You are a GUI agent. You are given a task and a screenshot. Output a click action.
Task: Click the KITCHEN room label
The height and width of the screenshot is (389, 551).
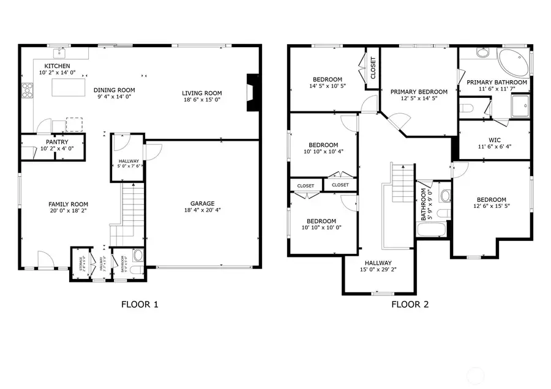point(56,66)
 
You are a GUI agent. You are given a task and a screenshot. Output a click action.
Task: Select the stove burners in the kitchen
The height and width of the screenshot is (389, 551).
point(28,90)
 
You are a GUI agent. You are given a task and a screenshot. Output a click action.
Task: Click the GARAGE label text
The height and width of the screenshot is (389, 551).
point(201,204)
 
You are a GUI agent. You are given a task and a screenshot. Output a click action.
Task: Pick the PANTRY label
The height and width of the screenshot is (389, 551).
point(56,142)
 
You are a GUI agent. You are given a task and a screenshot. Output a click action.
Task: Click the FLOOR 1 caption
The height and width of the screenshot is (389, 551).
point(140,304)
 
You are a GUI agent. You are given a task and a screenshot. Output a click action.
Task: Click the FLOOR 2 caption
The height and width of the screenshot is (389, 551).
point(410,304)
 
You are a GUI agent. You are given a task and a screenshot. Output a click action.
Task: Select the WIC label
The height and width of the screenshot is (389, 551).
point(495,140)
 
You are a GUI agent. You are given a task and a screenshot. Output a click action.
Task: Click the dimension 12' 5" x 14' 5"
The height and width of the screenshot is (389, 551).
point(419,99)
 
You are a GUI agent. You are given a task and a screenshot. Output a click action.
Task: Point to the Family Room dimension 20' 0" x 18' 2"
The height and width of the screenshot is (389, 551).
point(68,212)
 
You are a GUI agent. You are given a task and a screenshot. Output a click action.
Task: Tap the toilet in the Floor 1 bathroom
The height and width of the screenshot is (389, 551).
point(138,256)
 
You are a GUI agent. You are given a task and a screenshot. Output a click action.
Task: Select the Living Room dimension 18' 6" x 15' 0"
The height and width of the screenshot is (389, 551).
point(201,100)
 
